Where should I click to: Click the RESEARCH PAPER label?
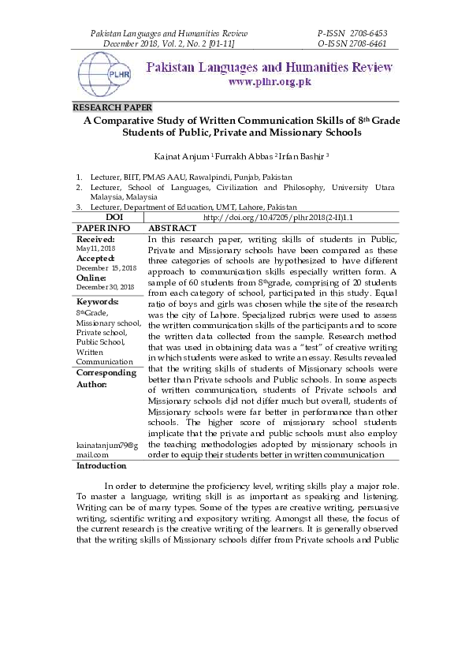point(113,107)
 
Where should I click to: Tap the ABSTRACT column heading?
point(173,228)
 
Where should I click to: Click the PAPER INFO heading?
point(103,228)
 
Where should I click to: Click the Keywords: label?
point(98,302)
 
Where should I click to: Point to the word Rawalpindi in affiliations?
point(206,177)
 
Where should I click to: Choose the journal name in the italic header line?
point(169,34)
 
